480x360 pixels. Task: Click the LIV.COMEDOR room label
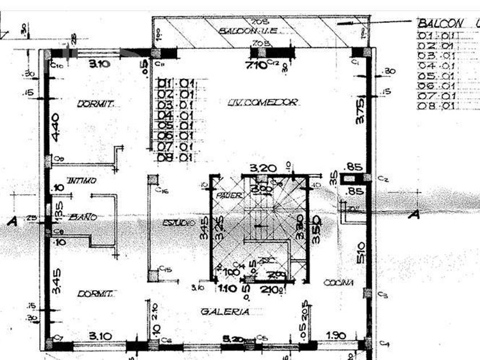263,102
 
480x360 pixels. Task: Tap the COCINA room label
338,282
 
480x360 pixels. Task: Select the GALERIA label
225,311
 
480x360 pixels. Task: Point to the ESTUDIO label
178,222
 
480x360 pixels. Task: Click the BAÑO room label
83,217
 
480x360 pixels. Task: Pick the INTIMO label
81,181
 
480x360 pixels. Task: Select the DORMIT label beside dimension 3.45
96,293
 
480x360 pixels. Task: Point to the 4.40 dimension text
55,127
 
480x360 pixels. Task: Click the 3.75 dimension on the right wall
360,111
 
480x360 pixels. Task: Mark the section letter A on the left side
12,221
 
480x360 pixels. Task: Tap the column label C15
165,268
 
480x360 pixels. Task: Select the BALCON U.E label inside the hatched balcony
248,30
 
